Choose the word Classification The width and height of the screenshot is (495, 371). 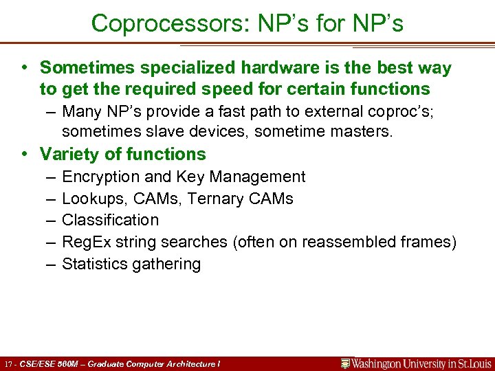110,220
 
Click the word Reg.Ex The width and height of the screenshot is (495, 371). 85,242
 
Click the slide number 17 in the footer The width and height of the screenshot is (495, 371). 8,363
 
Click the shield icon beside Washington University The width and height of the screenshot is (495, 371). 346,363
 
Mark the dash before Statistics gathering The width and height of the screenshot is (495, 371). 53,264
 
